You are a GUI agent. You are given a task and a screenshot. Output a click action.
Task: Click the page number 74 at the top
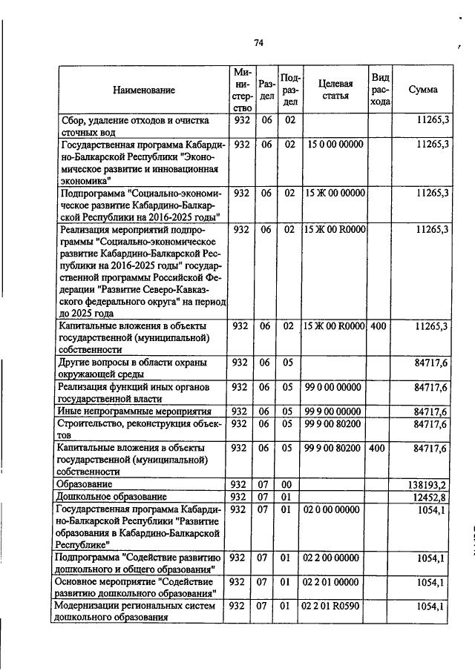(x=259, y=43)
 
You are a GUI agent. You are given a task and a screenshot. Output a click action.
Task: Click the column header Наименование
(x=144, y=90)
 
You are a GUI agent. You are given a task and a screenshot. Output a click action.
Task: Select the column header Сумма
(x=423, y=90)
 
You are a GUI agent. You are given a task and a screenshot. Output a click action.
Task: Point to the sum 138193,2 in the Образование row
(x=428, y=483)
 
